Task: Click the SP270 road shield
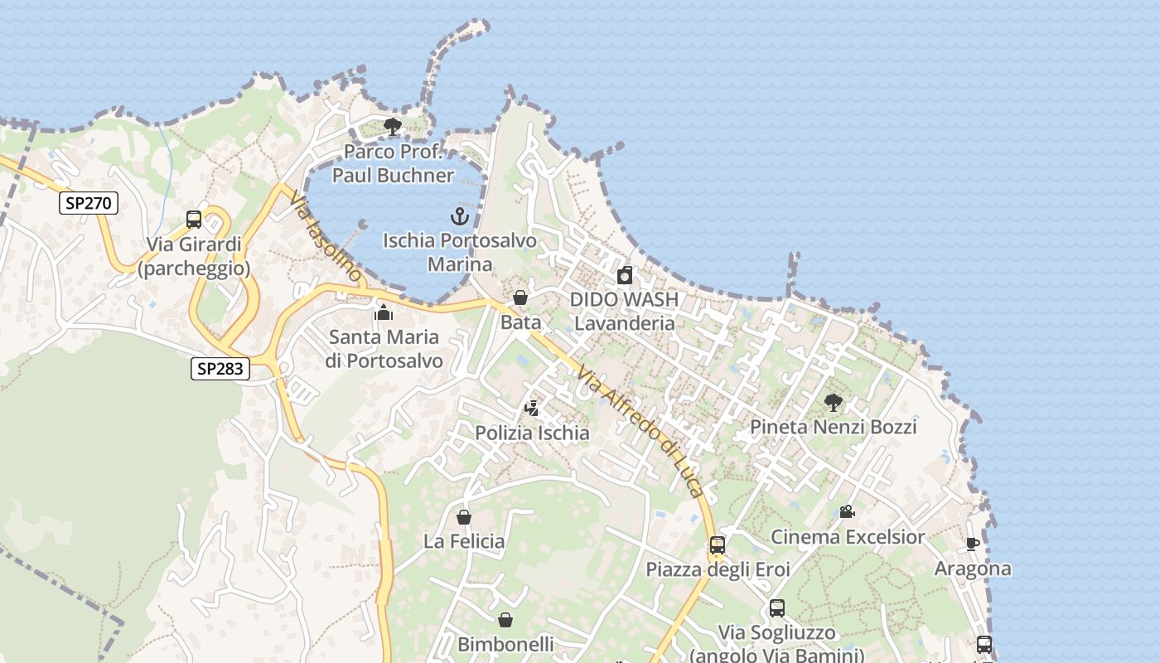89,202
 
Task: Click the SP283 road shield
220,368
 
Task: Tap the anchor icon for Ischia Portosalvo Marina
460,216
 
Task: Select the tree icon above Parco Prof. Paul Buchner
393,127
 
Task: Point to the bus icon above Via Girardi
194,220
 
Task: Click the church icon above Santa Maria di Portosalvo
383,312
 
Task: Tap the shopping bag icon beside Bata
520,298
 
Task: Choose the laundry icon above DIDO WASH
625,275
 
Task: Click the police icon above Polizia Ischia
532,408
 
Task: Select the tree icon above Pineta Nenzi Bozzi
834,403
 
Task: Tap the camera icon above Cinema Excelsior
847,511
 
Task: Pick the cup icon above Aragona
973,544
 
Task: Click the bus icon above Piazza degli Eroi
718,545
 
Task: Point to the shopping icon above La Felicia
464,517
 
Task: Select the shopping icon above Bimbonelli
505,620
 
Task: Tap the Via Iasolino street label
326,236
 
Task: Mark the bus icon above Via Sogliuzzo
777,608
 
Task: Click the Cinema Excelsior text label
848,537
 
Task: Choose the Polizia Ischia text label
532,433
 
